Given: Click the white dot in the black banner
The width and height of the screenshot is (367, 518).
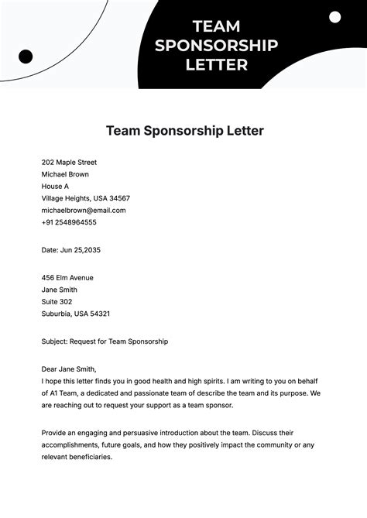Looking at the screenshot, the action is click(334, 17).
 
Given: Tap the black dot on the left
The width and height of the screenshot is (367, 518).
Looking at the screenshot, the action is click(26, 56).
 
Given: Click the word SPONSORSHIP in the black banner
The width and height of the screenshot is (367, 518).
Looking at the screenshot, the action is click(216, 46).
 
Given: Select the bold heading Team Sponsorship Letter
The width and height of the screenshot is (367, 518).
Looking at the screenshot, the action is click(184, 131).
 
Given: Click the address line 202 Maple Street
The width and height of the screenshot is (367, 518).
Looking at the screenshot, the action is click(69, 163).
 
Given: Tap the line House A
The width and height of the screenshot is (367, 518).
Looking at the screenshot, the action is click(55, 187).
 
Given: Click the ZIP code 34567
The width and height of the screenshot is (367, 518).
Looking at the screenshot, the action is click(116, 198).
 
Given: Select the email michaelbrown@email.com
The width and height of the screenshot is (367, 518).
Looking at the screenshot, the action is click(84, 210).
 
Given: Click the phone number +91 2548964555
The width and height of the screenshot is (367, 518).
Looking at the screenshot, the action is click(69, 222).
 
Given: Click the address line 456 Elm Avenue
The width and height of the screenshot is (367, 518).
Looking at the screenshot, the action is click(67, 277).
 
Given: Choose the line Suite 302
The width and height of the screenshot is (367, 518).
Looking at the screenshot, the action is click(57, 301).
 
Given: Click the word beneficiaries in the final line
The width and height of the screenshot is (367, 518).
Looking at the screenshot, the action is click(91, 457).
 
